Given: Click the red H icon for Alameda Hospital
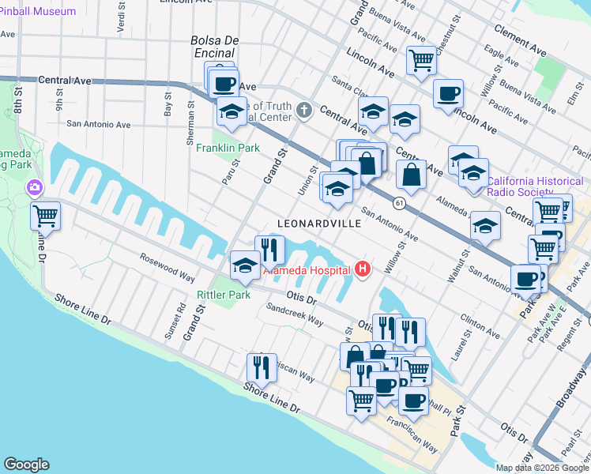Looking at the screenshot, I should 363,270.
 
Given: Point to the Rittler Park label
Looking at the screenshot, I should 223,295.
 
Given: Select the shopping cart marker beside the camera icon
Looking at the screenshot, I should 46,215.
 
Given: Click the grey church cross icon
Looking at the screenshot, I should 307,110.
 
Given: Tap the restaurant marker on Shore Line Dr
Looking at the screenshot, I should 262,367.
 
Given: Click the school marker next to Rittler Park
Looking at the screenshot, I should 245,265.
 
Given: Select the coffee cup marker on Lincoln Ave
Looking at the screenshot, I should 448,93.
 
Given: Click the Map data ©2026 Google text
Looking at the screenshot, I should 541,468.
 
